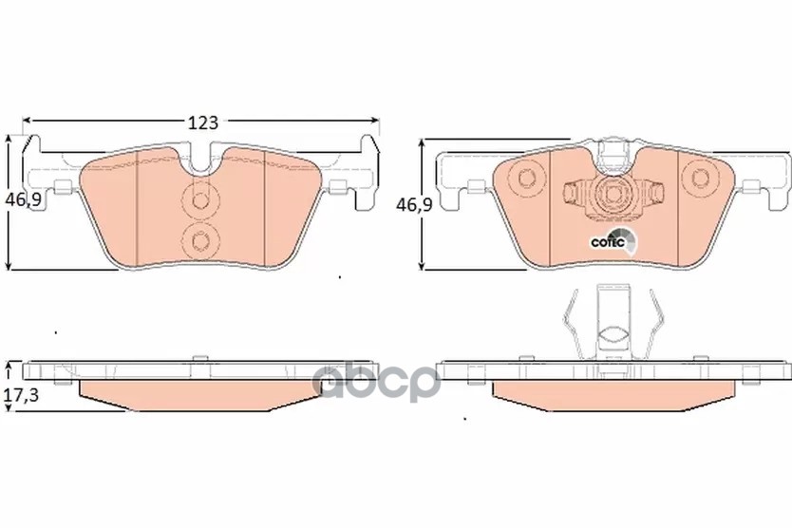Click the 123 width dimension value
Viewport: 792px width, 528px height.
(x=203, y=123)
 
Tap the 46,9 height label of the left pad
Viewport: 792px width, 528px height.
(x=23, y=200)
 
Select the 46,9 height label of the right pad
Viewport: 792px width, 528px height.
(x=414, y=205)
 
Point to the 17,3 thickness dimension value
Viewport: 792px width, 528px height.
(x=21, y=395)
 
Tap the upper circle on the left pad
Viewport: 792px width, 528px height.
(x=200, y=200)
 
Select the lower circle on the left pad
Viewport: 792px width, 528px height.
(x=200, y=241)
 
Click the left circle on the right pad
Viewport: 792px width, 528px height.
(x=526, y=178)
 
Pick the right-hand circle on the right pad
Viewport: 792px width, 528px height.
(x=700, y=178)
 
